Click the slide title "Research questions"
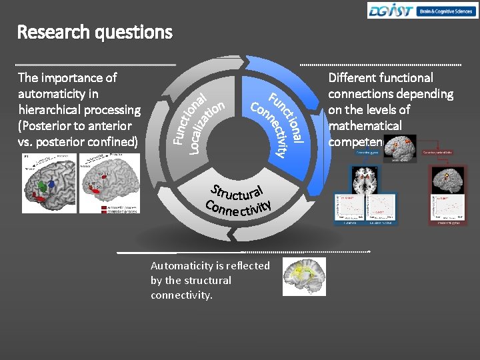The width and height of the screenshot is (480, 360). click(x=95, y=32)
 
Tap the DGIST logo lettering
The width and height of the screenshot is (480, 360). click(x=391, y=10)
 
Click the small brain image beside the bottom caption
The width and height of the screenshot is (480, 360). click(x=304, y=276)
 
